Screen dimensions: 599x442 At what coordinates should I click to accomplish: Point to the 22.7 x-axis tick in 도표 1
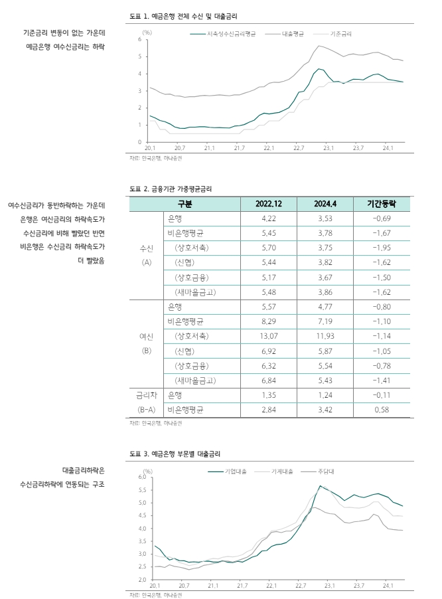click(298, 147)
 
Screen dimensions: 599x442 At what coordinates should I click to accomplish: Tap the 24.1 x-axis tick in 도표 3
click(388, 586)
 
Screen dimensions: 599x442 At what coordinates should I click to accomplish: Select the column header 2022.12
click(269, 204)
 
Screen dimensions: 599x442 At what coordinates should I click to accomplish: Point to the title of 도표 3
click(174, 454)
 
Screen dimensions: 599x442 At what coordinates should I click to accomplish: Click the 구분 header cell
click(184, 204)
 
